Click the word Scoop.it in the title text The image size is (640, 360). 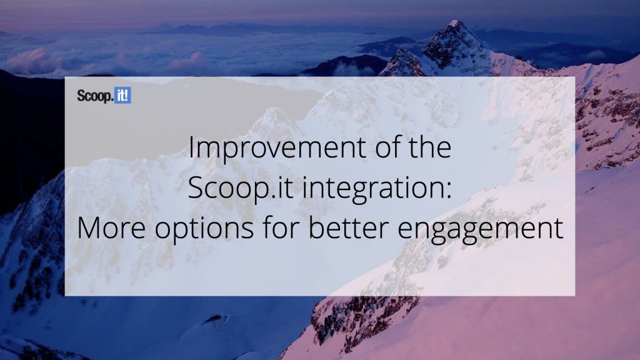(241, 189)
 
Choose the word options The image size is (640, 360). (204, 230)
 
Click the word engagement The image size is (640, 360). (481, 230)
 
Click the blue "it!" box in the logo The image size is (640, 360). (122, 96)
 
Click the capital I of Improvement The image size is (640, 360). (191, 147)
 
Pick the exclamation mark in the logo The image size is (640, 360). (127, 96)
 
